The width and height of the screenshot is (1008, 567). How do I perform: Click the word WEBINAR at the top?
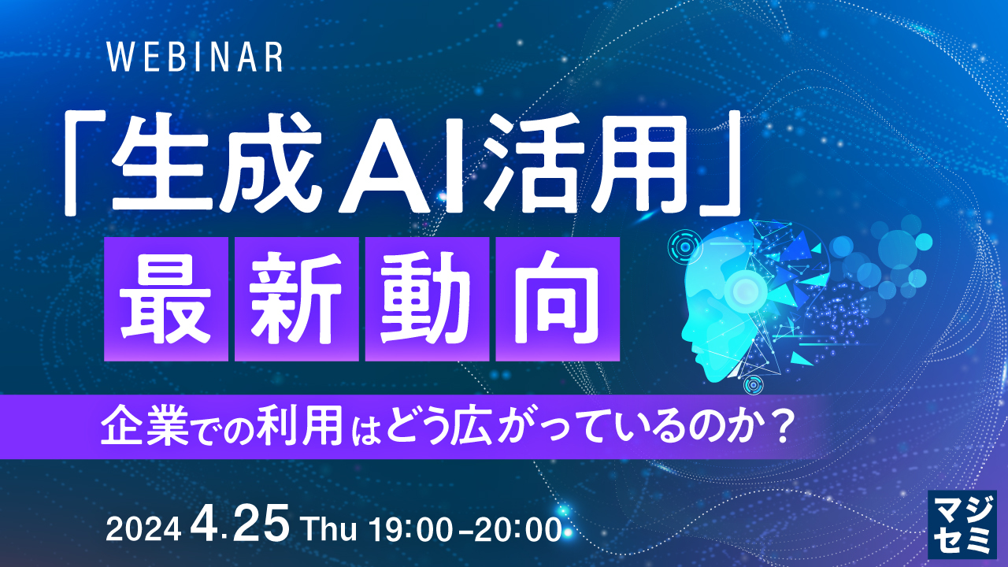click(x=194, y=57)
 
